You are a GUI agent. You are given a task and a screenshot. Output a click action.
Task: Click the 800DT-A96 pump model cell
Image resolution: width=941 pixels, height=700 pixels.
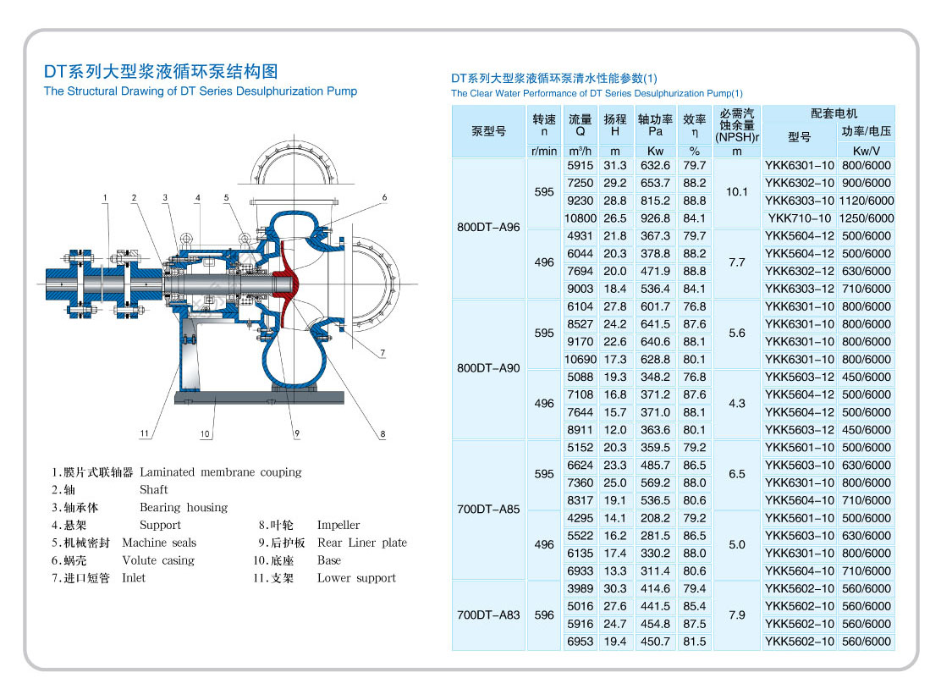pos(488,227)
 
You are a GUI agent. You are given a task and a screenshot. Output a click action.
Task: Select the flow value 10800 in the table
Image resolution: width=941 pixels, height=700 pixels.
pos(580,218)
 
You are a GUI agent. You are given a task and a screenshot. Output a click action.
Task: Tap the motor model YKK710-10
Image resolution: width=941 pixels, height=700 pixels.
pos(799,218)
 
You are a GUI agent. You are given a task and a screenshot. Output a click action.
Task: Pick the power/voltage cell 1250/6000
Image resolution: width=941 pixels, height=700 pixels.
pos(866,218)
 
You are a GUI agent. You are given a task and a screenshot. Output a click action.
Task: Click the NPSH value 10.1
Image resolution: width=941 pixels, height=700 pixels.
pos(736,192)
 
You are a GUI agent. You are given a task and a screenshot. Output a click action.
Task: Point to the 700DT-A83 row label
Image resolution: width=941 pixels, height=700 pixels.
pos(488,615)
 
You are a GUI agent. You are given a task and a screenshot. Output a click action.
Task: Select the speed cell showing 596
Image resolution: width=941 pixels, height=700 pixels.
pos(544,615)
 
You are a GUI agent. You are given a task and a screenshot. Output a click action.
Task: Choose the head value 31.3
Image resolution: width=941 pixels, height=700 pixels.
pos(614,166)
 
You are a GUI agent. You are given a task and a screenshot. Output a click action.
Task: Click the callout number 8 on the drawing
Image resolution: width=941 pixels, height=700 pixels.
pos(382,433)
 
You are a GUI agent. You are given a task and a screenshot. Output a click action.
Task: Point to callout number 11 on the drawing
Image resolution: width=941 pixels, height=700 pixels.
pos(145,433)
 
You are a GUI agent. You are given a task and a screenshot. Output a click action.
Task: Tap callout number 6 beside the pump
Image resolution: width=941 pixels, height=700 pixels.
pos(383,197)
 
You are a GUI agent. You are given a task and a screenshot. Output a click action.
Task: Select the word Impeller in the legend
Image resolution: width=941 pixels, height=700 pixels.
pos(338,525)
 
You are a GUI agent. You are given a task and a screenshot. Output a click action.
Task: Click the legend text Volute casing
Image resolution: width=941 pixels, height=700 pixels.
pos(158,560)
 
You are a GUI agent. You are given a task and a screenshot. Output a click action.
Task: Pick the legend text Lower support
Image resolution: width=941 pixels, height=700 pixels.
pos(356,578)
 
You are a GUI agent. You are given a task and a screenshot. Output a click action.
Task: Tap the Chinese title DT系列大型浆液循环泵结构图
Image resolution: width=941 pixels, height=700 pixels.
pos(161,71)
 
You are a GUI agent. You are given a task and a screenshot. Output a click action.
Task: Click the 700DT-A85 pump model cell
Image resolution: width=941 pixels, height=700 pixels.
pos(488,510)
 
